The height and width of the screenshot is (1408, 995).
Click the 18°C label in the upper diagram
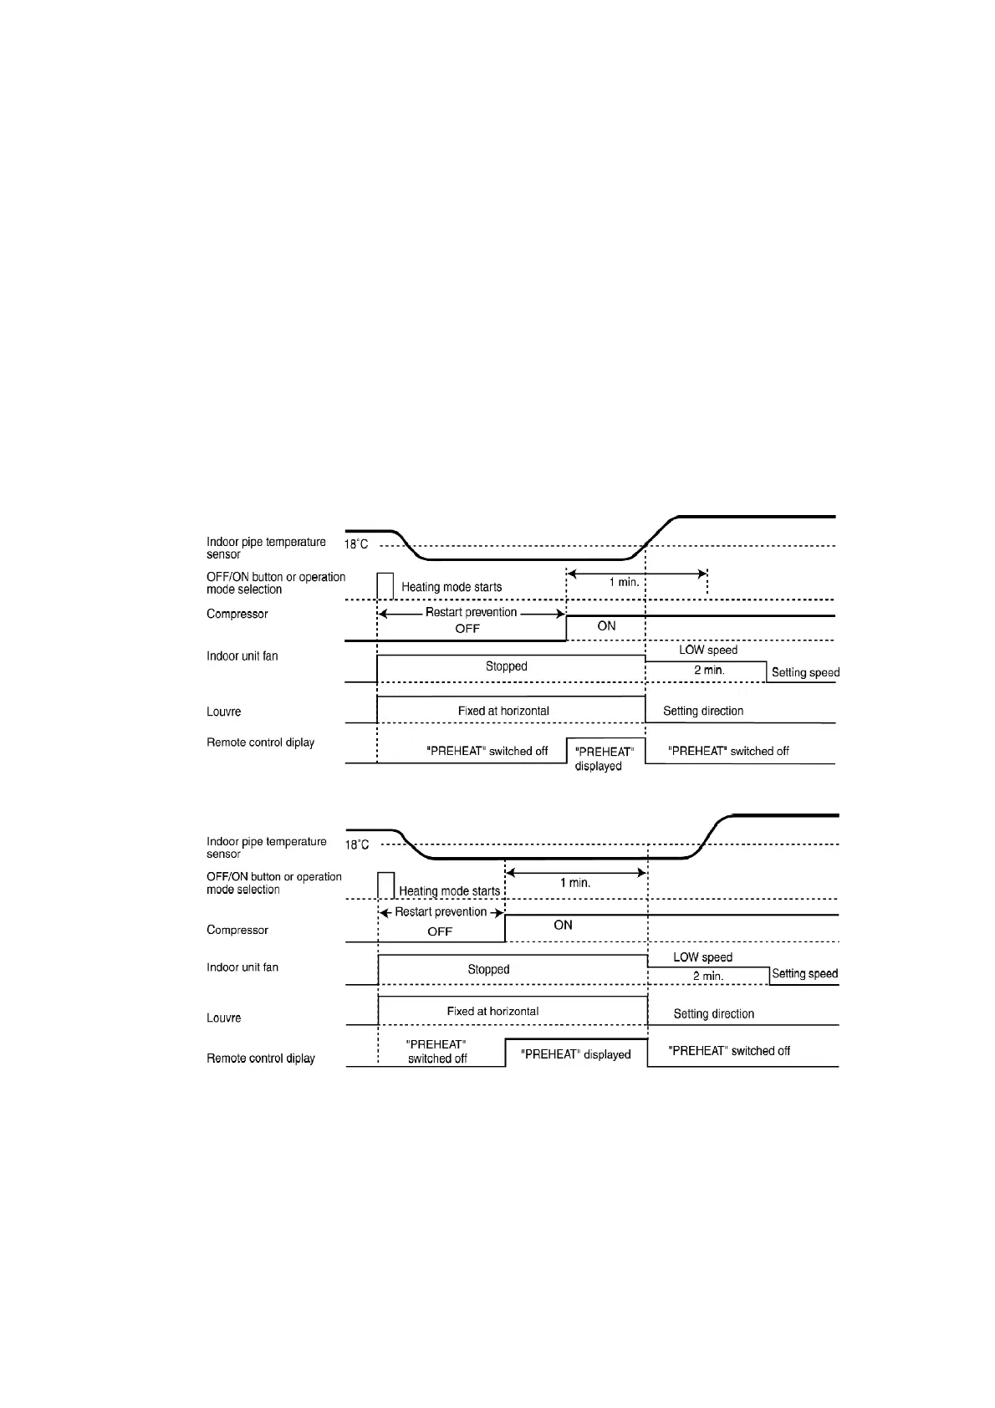[356, 544]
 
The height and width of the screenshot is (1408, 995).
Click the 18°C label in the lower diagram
[357, 844]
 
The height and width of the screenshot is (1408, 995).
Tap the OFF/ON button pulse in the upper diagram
[385, 585]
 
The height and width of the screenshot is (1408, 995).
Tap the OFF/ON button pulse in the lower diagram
[385, 885]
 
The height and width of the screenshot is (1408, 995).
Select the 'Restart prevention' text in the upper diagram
[472, 612]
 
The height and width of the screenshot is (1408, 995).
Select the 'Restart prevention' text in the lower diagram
[441, 911]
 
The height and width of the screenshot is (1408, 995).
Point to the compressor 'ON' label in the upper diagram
[606, 625]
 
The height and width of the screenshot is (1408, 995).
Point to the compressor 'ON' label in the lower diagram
[563, 925]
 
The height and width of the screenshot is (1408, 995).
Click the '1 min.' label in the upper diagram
[624, 582]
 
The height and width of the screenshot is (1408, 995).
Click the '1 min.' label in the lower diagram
[575, 882]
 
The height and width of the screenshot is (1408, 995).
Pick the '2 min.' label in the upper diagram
[709, 670]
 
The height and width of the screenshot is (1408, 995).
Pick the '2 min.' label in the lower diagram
[707, 976]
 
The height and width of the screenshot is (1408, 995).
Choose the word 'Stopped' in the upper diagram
[506, 666]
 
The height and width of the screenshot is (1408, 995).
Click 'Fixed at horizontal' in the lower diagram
[492, 1011]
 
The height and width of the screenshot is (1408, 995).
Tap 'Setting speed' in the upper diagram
[805, 672]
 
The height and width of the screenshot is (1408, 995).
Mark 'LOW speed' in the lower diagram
[702, 957]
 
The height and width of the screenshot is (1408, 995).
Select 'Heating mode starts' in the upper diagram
[452, 587]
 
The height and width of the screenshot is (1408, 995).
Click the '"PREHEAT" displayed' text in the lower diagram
[575, 1054]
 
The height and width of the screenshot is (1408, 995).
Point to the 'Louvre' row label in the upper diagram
[223, 712]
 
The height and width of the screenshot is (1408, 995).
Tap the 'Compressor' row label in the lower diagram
[237, 930]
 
